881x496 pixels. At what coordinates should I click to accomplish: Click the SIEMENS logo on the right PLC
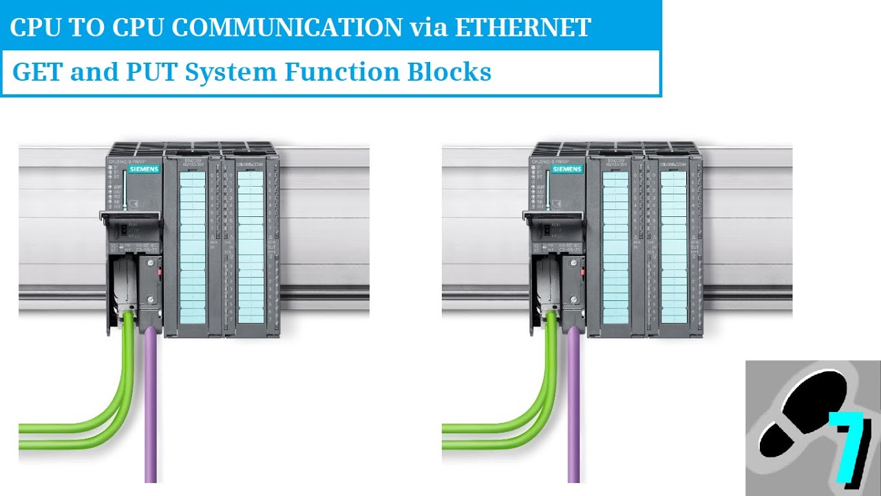point(566,169)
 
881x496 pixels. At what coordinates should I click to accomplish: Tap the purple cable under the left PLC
point(151,413)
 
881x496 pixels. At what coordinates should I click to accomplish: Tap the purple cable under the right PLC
point(573,413)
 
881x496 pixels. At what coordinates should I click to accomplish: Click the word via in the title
point(428,27)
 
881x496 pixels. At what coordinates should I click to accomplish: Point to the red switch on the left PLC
point(160,272)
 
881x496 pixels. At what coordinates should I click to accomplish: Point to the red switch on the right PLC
point(583,272)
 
